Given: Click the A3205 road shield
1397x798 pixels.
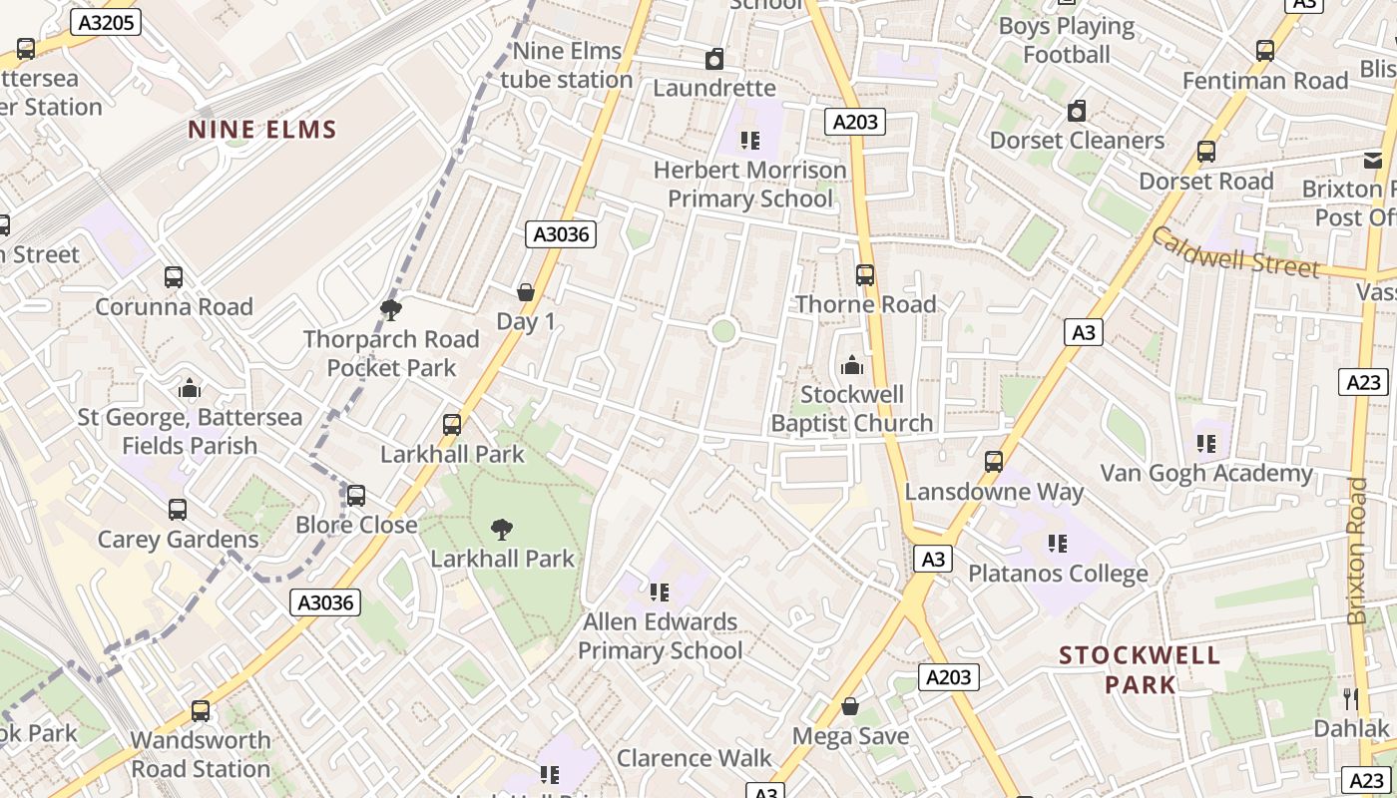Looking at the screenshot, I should tap(105, 22).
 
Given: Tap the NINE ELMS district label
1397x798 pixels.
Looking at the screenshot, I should tap(262, 130).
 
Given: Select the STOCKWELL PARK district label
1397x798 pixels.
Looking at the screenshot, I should tap(1140, 669).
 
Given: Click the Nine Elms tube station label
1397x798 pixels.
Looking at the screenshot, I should tap(567, 65).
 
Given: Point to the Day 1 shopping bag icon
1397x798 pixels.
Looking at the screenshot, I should tap(526, 292).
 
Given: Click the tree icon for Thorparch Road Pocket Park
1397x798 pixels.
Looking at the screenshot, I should tap(391, 310).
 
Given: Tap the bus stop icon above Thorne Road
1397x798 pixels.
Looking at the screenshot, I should tap(865, 275).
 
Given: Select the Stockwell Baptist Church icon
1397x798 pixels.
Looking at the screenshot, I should tap(852, 366).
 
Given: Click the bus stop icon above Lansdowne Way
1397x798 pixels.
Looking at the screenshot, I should tap(994, 462).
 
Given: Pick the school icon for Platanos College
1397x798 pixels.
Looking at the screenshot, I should tap(1058, 545).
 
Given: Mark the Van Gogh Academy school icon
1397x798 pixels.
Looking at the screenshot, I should tap(1205, 443).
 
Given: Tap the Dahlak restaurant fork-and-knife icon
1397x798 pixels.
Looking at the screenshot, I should tap(1351, 698).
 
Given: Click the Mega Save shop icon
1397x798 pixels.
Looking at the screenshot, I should tap(850, 707).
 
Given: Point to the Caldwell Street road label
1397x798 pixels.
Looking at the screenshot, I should tap(1235, 252).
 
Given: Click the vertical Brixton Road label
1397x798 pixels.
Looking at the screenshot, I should tap(1357, 551).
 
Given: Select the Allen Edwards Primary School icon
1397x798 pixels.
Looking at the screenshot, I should tap(660, 593).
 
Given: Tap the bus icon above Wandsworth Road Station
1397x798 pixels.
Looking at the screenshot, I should tap(201, 711).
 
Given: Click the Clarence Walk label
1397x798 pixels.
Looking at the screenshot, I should tap(694, 758).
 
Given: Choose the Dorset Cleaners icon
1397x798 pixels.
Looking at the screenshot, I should tap(1077, 111).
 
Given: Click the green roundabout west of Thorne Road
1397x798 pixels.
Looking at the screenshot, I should tap(723, 331).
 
